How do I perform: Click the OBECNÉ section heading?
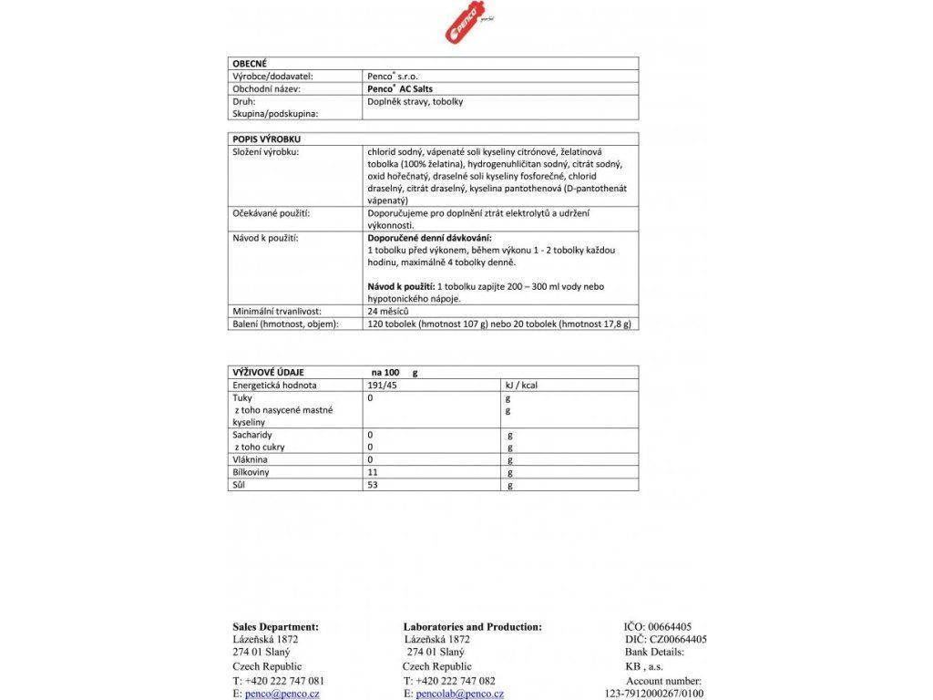250,63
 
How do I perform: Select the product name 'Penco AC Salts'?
400,89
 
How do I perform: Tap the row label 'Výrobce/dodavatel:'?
271,77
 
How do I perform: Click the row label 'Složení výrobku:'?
266,151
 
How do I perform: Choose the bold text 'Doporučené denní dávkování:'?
423,237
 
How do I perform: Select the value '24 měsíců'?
388,312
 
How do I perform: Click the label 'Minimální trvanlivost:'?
278,312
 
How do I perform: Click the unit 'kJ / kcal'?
522,386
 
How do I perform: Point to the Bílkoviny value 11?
372,473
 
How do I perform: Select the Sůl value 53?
373,486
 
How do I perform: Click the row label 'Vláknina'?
251,460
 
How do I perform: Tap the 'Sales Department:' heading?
276,627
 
